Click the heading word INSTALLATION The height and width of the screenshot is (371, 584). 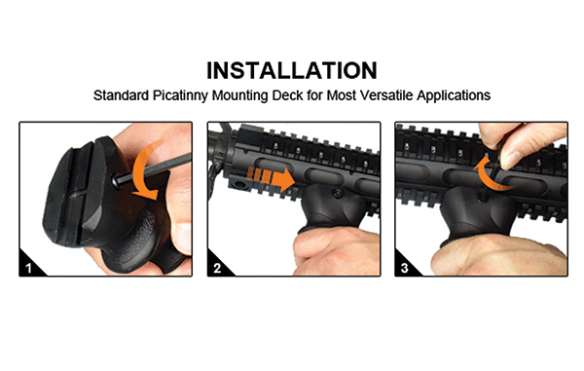pyautogui.click(x=292, y=71)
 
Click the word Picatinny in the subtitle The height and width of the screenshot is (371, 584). pyautogui.click(x=179, y=95)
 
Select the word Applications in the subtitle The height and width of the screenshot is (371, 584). pyautogui.click(x=454, y=95)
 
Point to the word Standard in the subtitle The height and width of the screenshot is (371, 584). pyautogui.click(x=121, y=95)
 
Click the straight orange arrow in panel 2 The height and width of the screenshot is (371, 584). pyautogui.click(x=272, y=178)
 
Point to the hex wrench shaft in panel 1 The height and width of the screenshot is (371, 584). pyautogui.click(x=157, y=169)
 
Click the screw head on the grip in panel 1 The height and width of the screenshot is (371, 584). pyautogui.click(x=118, y=181)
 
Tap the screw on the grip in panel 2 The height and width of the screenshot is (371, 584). pyautogui.click(x=338, y=193)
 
